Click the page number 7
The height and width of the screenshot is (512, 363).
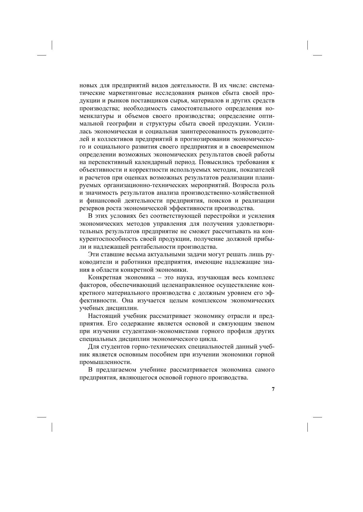(273, 389)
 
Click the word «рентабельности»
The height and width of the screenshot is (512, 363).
(152, 247)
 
